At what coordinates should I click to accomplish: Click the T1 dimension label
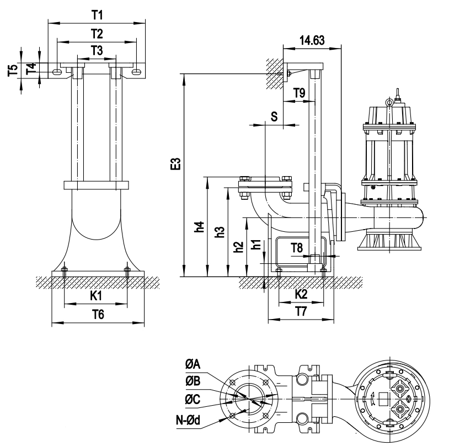coord(97,13)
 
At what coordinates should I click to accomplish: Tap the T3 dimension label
coord(97,51)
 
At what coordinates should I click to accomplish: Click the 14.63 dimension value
coord(312,40)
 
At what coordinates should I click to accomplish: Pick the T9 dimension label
coord(299,93)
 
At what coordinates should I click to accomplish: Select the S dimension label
coord(274,116)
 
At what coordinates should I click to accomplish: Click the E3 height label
coord(175,164)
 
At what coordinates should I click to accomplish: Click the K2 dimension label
coord(301,294)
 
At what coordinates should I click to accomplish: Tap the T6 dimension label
coord(97,315)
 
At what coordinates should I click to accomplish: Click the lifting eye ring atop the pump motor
coord(390,101)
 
